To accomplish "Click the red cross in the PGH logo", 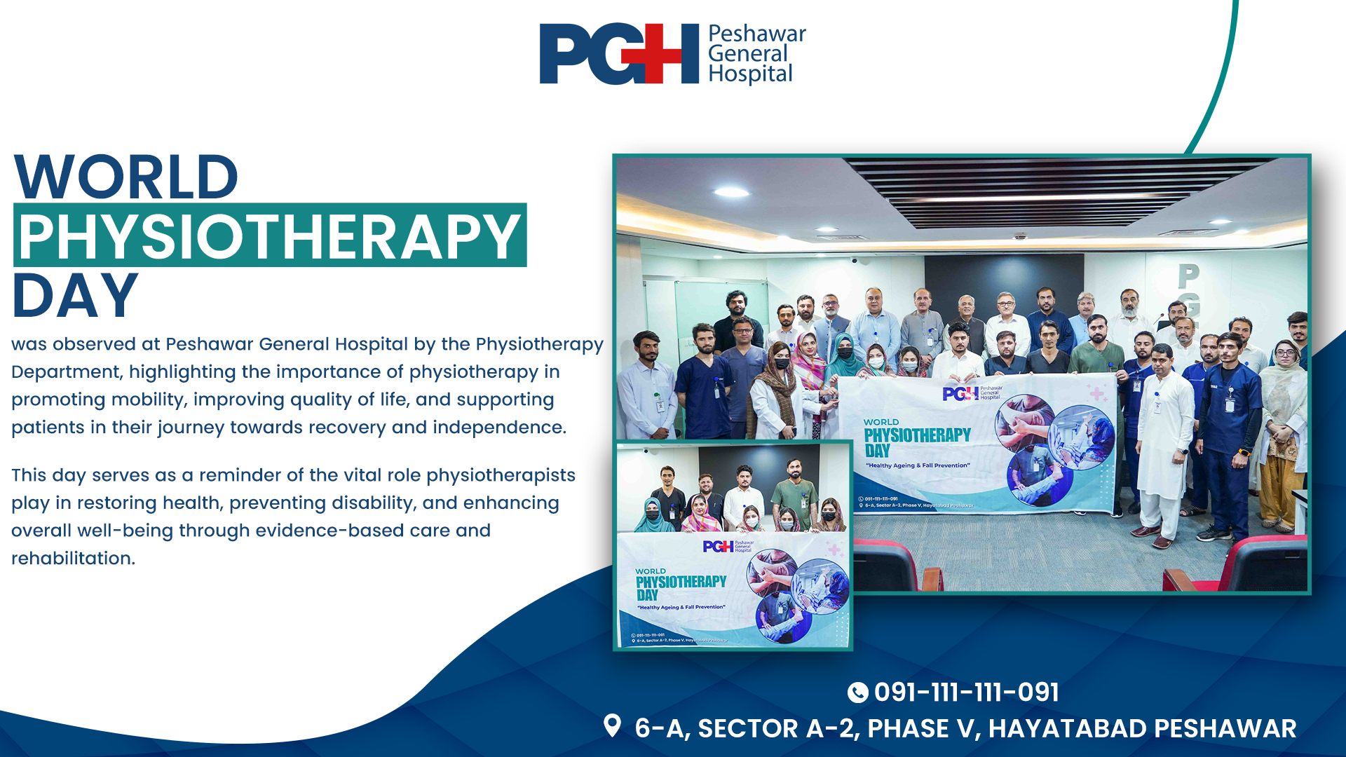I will pos(661,54).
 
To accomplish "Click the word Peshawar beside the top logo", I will pos(756,34).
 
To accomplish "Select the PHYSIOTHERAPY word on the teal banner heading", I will pos(269,236).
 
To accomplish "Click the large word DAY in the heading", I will pos(76,296).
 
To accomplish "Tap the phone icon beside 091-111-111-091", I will pos(857,693).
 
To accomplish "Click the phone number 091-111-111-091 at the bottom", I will pos(966,693).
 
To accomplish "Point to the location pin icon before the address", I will pos(612,726).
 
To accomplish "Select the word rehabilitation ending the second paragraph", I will pos(72,559).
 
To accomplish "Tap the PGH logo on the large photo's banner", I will pos(960,394).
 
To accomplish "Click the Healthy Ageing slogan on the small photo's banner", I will pos(681,608).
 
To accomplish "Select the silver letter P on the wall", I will pos(1188,276).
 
